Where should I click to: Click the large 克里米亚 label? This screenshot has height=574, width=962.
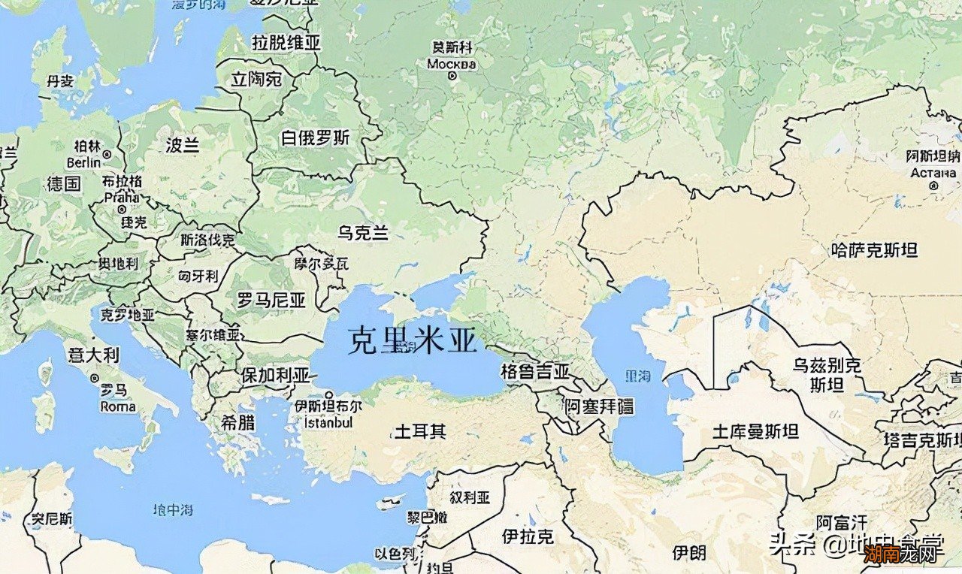[x=413, y=342]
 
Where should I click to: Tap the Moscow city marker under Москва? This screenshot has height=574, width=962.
[x=452, y=76]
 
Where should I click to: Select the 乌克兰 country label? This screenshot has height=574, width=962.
[x=363, y=233]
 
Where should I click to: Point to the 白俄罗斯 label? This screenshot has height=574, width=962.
[x=316, y=138]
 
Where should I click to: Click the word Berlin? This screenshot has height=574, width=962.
[x=83, y=162]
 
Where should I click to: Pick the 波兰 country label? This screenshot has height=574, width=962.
[x=183, y=145]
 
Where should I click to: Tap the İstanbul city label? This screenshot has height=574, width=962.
[x=328, y=422]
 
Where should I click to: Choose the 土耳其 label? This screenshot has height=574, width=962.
[x=421, y=431]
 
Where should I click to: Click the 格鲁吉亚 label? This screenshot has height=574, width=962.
[x=535, y=371]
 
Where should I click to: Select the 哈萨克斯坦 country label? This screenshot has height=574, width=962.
[x=875, y=249]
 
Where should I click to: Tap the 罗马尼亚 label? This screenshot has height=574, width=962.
[x=271, y=301]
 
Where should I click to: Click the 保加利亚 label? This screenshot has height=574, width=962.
[x=275, y=375]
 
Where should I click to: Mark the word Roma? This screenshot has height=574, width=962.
[x=119, y=406]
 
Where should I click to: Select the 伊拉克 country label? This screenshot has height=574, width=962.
[x=528, y=536]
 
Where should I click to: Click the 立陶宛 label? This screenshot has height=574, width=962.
[x=256, y=79]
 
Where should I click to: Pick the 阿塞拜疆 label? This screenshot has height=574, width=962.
[x=600, y=406]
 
